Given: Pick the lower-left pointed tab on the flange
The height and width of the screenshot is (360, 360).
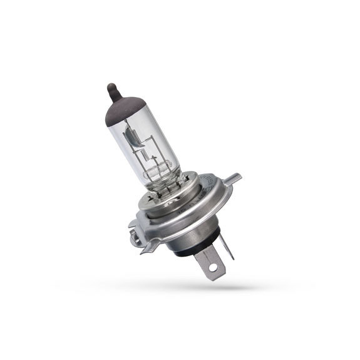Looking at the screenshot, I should click(150, 248).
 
